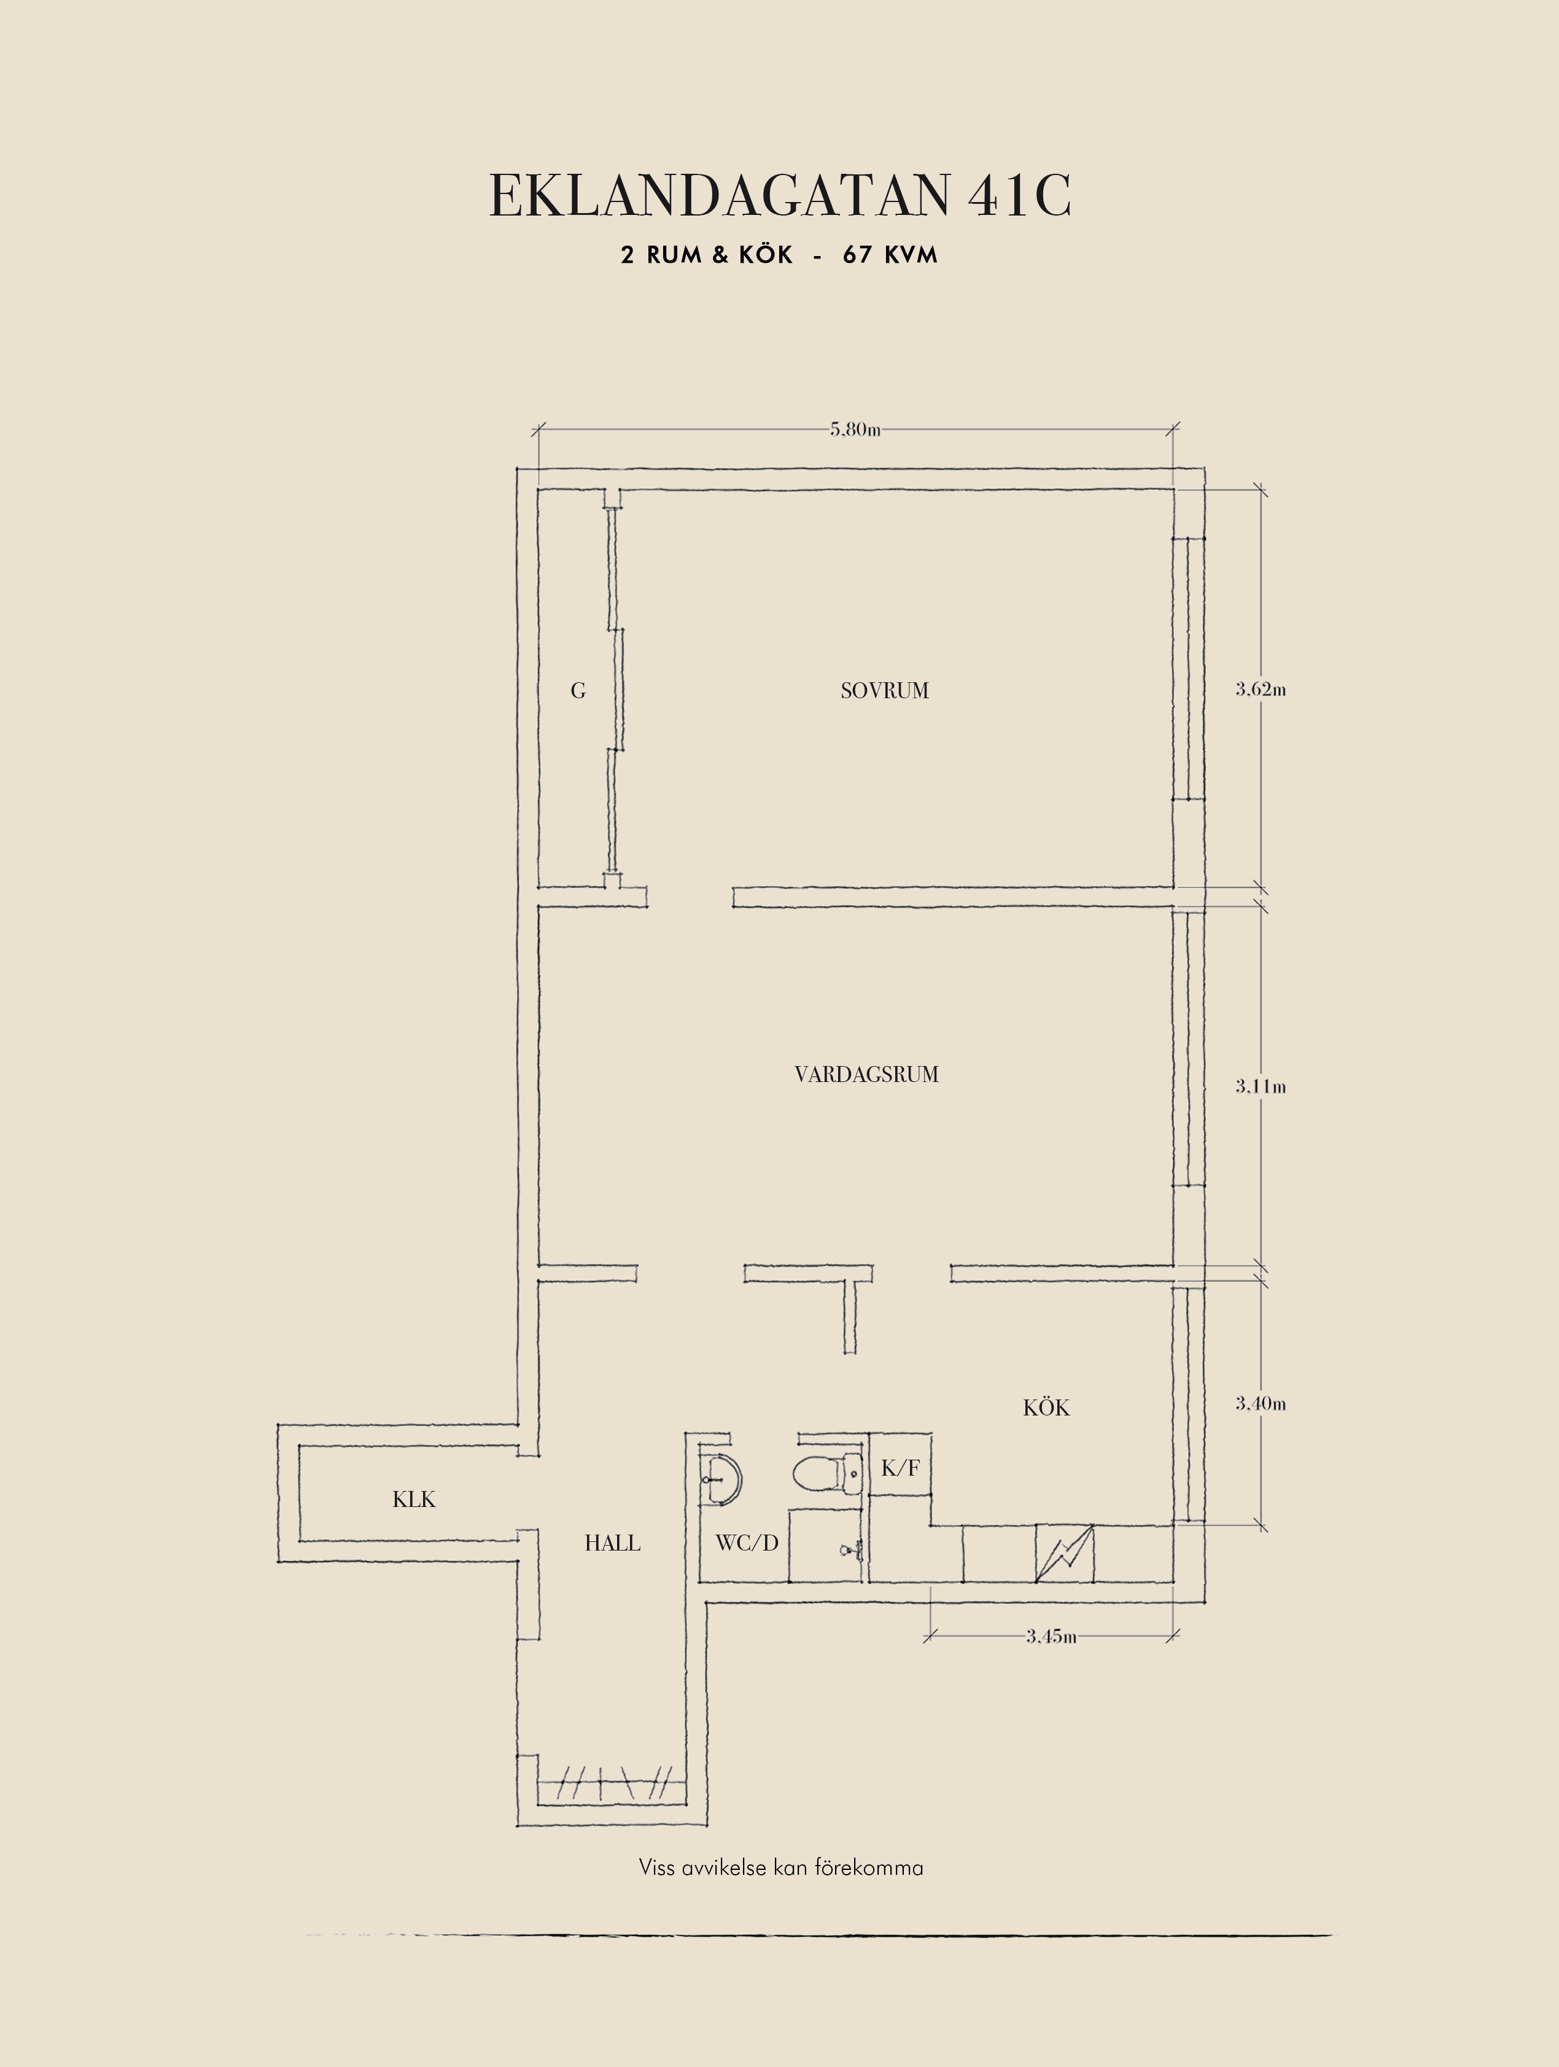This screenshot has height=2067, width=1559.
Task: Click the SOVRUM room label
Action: (x=885, y=691)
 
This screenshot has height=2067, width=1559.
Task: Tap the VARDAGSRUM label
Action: (x=867, y=1075)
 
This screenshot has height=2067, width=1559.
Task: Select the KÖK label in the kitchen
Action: (x=1046, y=1407)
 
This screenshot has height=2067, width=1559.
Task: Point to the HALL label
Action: (x=613, y=1543)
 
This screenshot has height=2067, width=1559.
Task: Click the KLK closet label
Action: (x=414, y=1500)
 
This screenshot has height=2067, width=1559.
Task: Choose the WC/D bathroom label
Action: (x=747, y=1543)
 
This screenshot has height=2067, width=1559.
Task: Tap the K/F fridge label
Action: (x=901, y=1468)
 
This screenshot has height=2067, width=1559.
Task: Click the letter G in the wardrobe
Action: (x=578, y=691)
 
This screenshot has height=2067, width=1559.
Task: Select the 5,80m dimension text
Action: (x=855, y=430)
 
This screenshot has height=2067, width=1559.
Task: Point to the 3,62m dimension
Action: (x=1261, y=690)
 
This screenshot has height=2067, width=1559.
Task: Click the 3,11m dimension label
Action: (x=1261, y=1087)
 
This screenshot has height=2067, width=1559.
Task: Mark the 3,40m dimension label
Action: (x=1261, y=1404)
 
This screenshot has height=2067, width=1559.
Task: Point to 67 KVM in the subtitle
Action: (x=890, y=255)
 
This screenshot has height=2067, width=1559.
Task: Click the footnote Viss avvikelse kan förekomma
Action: (x=781, y=1868)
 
